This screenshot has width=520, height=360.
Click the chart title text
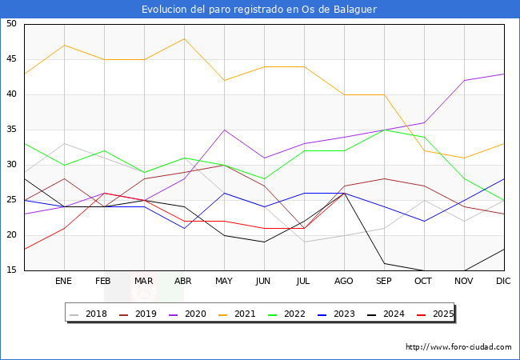tap(259, 10)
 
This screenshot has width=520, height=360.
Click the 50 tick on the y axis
tap(11, 24)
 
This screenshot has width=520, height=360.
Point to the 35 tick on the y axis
tap(11, 130)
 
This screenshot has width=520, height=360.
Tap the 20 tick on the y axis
tap(11, 235)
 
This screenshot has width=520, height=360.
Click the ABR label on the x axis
tap(184, 282)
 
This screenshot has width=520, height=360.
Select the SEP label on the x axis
tap(384, 282)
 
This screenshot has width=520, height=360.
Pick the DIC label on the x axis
tap(503, 282)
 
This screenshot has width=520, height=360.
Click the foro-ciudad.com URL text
tap(458, 347)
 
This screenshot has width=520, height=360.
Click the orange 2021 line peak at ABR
tap(184, 38)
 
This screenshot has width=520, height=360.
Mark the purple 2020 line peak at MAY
tap(224, 130)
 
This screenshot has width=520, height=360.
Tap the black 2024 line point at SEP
tap(384, 263)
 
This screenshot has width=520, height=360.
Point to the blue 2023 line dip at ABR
tap(184, 228)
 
